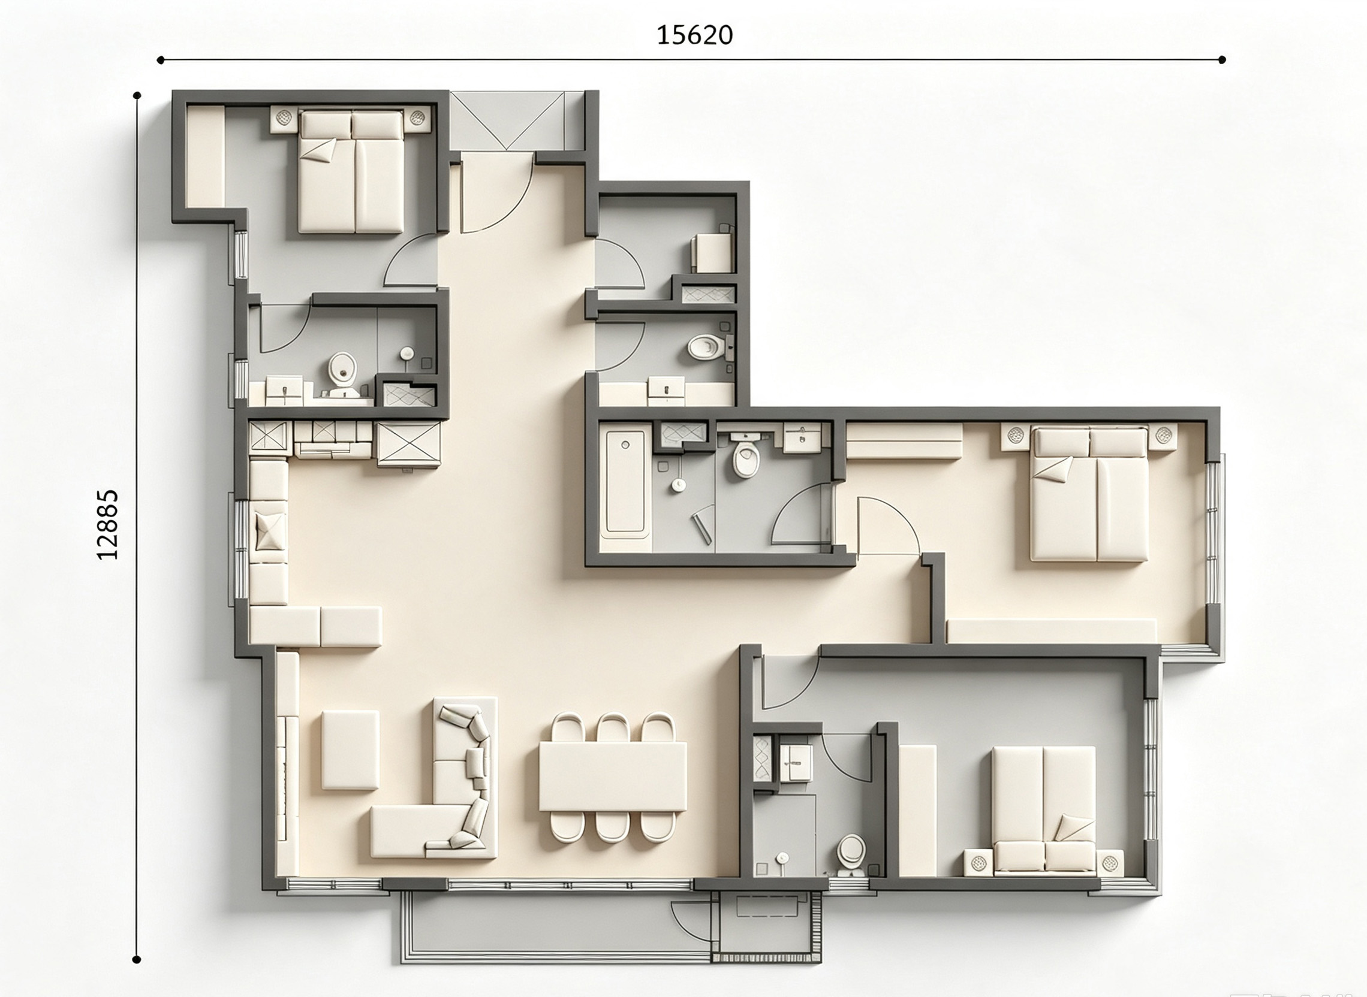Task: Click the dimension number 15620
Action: [x=694, y=35]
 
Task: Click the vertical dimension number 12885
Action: [x=107, y=524]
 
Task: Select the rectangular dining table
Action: [x=613, y=777]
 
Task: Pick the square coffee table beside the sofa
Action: [x=350, y=750]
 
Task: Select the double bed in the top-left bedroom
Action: [x=351, y=171]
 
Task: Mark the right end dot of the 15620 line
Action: [x=1222, y=60]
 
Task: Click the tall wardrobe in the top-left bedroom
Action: [x=205, y=156]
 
